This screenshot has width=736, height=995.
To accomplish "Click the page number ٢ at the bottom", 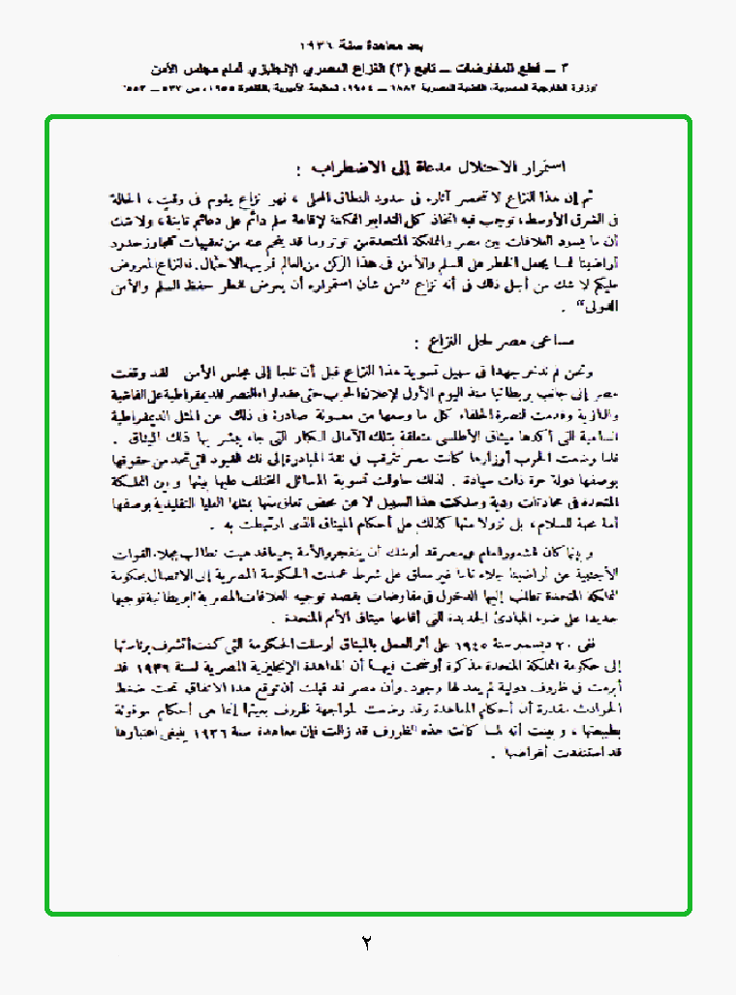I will pos(366,941).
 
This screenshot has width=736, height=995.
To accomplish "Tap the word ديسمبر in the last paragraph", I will pos(547,644).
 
